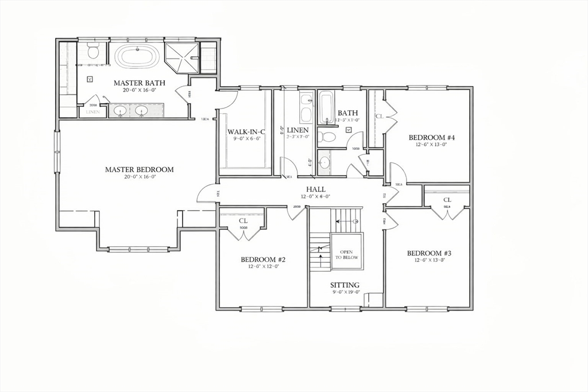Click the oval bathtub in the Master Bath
(x=137, y=57)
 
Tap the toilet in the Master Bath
(x=93, y=52)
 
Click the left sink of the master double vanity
(x=120, y=110)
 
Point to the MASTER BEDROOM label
(x=139, y=170)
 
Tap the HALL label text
(x=316, y=189)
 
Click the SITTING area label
(x=345, y=285)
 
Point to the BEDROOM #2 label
(x=263, y=259)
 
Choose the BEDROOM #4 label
(x=432, y=138)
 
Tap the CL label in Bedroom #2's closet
(x=243, y=220)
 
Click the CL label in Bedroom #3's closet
(x=447, y=200)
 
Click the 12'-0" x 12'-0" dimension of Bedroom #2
(x=263, y=266)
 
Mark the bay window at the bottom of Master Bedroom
(x=138, y=249)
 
